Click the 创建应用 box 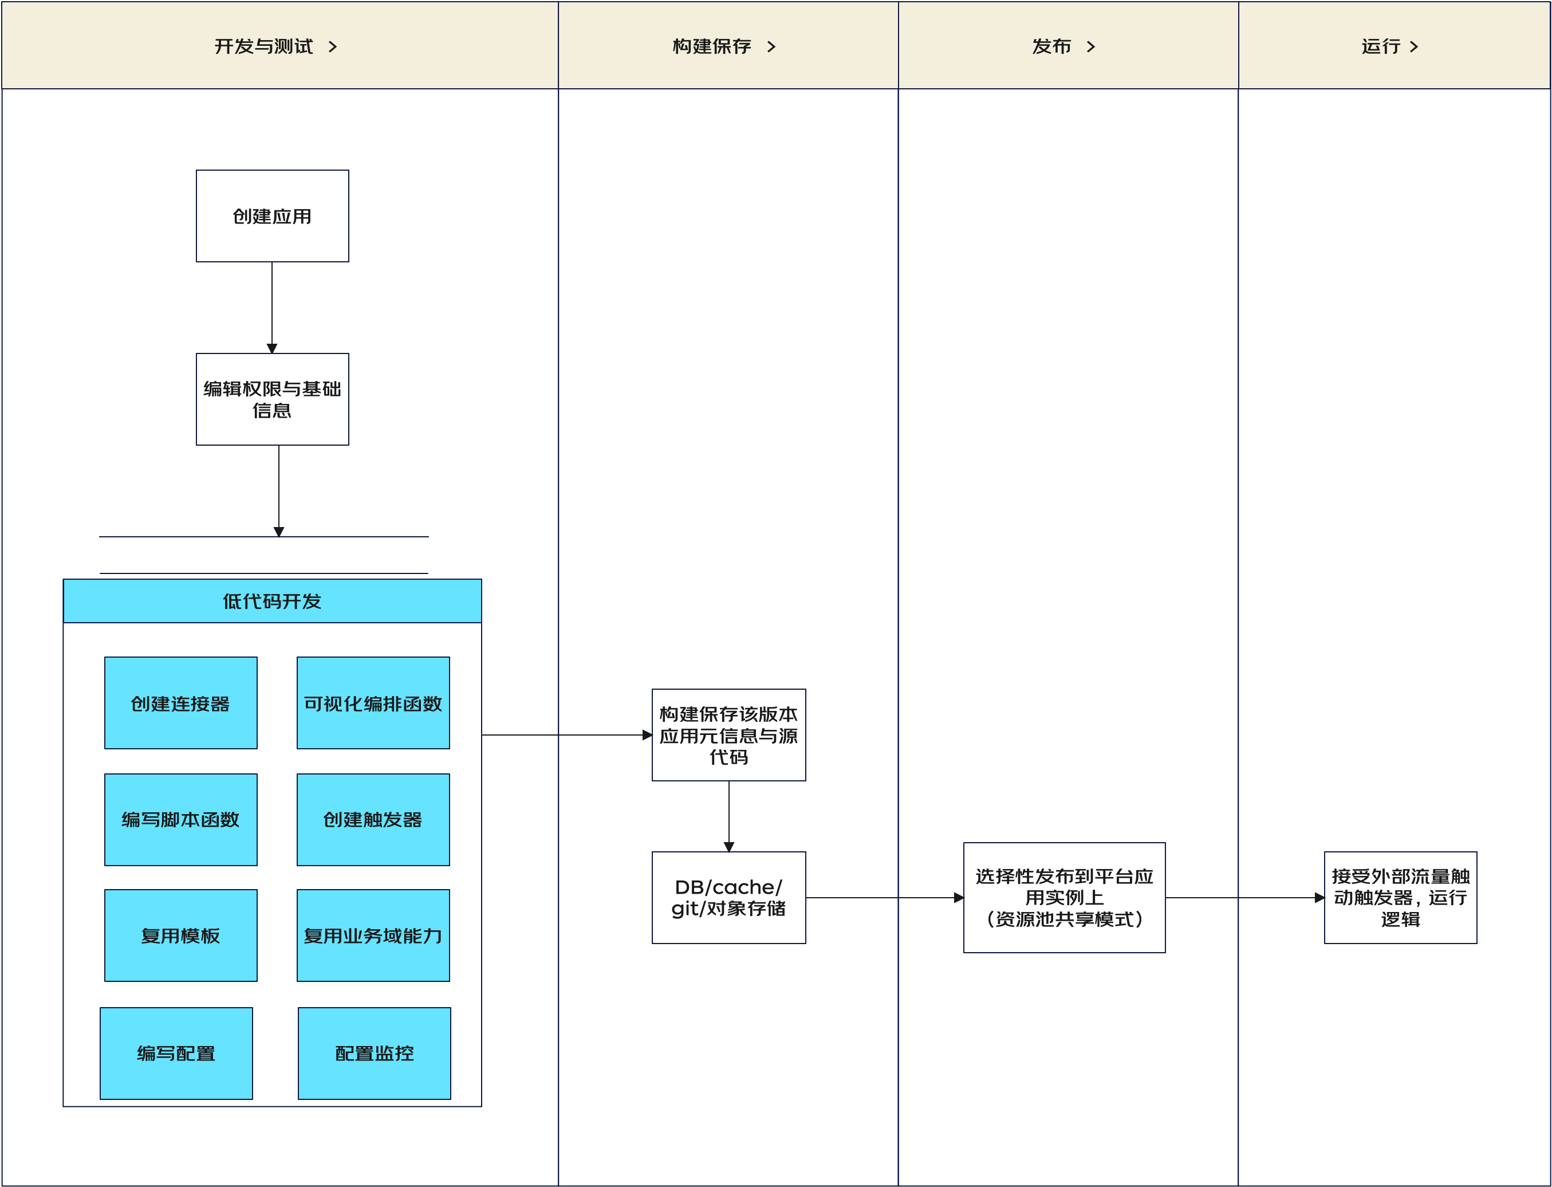click(272, 216)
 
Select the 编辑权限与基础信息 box click(272, 399)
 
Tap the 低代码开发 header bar click(272, 602)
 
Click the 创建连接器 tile click(181, 703)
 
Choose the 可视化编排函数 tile click(373, 703)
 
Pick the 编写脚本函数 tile click(181, 820)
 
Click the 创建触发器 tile click(373, 820)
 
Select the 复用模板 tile click(181, 936)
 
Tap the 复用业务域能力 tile click(373, 936)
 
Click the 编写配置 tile click(176, 1054)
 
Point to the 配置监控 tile click(375, 1054)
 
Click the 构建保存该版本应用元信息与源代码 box click(728, 735)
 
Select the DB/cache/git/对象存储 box click(728, 897)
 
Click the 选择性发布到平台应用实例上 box click(1064, 897)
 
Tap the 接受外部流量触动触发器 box click(1400, 897)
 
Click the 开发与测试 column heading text click(263, 46)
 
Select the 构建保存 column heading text click(712, 46)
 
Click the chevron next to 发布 click(1092, 46)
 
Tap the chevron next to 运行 click(1413, 46)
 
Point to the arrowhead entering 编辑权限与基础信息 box click(272, 348)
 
